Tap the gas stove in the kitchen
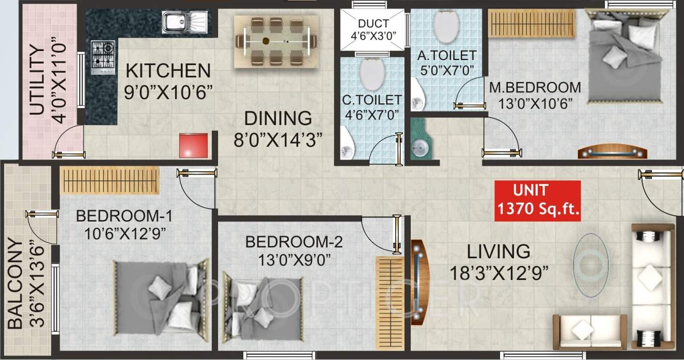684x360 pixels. pos(102,55)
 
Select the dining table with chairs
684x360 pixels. pos(276,41)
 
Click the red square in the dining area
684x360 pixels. pos(194,146)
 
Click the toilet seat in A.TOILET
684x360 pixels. pos(445,26)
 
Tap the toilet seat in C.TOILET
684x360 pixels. pos(371,74)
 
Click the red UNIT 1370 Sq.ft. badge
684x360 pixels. pos(537,200)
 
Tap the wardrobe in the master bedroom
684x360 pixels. pos(532,23)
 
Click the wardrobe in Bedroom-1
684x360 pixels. pos(109,180)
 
